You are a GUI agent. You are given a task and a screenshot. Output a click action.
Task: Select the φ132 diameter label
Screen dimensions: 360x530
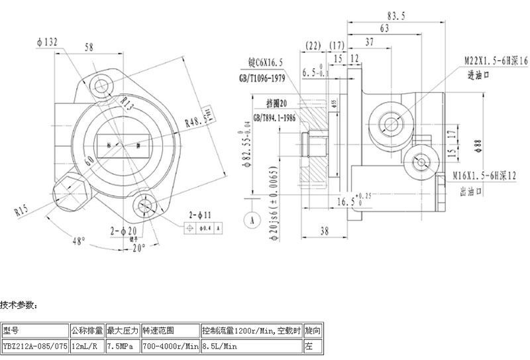(x=48, y=42)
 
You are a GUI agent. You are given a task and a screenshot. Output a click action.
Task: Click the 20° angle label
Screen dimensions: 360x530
(x=138, y=249)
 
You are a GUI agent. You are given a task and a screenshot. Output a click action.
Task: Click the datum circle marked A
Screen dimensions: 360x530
(x=252, y=217)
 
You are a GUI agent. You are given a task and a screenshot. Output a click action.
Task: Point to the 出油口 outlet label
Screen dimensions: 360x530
(x=470, y=190)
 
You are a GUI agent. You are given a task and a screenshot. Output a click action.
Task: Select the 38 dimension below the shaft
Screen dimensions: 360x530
(x=325, y=231)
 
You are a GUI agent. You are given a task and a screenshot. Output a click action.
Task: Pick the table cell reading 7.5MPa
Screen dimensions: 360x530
(x=122, y=345)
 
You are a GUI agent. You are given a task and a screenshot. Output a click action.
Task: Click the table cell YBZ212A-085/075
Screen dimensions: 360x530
(x=34, y=345)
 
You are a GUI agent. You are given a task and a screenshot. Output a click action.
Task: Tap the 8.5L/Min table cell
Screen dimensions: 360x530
(x=219, y=345)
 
